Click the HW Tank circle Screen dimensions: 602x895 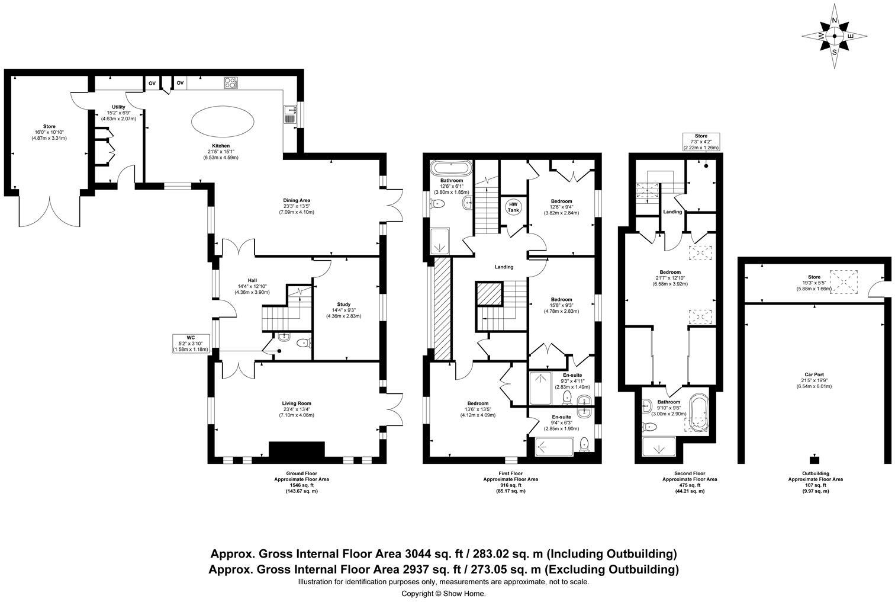[513, 207]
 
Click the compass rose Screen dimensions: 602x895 [835, 36]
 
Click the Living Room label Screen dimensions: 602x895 [297, 404]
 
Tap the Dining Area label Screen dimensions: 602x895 [297, 200]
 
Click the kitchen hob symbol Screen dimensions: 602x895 [230, 83]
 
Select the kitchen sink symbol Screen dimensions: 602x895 [290, 113]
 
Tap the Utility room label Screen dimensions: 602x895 [118, 107]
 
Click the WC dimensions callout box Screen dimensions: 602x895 [190, 343]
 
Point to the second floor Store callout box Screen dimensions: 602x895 [701, 142]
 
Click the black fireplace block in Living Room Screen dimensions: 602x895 [297, 450]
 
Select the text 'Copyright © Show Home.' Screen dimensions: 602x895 [443, 593]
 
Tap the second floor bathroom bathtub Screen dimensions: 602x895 [698, 412]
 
